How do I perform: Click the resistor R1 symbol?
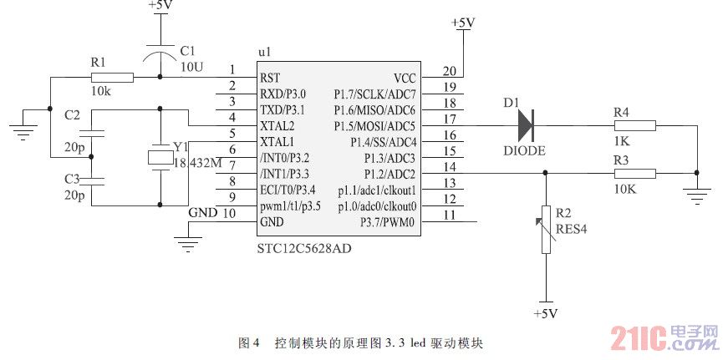(x=112, y=78)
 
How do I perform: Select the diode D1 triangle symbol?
(x=525, y=125)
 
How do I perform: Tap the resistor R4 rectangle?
(x=634, y=125)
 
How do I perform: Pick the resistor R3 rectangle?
(x=634, y=173)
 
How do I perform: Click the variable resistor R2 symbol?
(x=546, y=230)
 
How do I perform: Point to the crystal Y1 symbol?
(x=159, y=156)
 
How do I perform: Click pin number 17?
(x=450, y=119)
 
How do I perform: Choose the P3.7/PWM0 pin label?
(x=387, y=221)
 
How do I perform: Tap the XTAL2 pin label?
(x=277, y=125)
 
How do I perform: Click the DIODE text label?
(x=524, y=150)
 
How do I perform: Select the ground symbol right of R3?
(x=695, y=195)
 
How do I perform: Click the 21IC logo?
(x=664, y=337)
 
